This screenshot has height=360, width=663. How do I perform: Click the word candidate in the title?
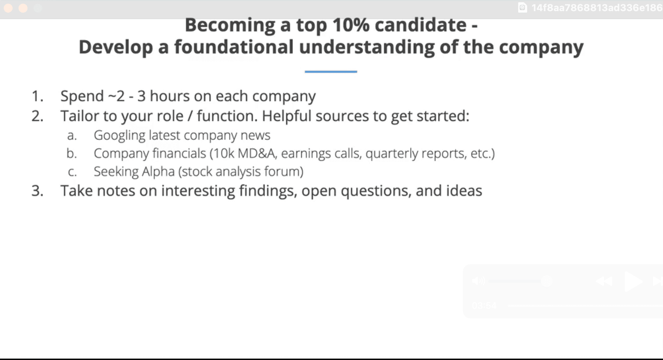(x=421, y=25)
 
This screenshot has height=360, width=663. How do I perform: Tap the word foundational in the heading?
(x=234, y=47)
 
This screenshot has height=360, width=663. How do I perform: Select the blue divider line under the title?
(x=331, y=72)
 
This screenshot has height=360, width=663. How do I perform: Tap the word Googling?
(x=119, y=135)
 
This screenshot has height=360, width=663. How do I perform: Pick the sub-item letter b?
(x=71, y=153)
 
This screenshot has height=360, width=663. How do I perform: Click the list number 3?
(x=37, y=191)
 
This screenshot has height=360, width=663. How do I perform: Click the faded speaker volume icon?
(x=479, y=281)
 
